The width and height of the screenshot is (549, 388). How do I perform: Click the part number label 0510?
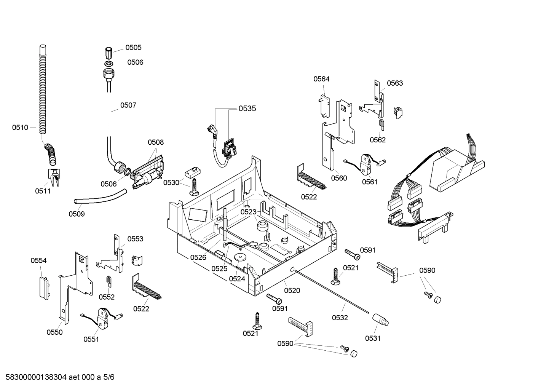click(20, 128)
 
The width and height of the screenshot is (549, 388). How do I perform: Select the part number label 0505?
click(133, 48)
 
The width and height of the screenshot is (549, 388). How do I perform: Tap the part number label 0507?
click(128, 105)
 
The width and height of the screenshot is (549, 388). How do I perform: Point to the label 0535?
click(247, 109)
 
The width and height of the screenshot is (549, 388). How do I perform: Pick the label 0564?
click(321, 79)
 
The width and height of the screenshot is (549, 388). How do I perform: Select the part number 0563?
click(395, 83)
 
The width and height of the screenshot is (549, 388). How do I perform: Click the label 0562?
click(378, 140)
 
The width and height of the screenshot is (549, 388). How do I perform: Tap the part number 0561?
click(370, 182)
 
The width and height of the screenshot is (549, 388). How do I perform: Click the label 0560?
click(339, 178)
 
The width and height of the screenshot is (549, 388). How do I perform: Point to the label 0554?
click(39, 261)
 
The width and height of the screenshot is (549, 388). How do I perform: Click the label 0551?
click(91, 339)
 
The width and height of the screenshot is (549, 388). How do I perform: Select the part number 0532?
click(340, 318)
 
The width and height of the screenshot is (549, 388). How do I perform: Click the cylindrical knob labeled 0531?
click(380, 319)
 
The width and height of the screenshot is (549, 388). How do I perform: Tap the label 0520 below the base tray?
click(292, 291)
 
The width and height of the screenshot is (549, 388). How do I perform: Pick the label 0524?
click(237, 279)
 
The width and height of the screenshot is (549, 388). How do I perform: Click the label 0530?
click(171, 183)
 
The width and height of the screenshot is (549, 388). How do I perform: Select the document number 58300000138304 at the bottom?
click(37, 377)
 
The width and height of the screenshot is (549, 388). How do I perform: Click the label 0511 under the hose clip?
click(43, 191)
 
